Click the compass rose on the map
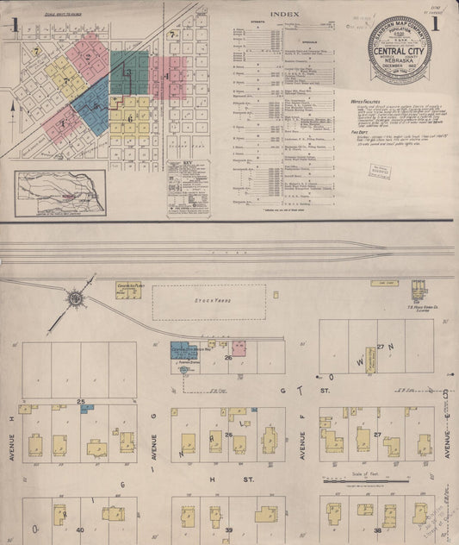pos(76,298)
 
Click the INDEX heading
pos(285,15)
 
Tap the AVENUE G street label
pos(155,441)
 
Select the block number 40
pos(79,529)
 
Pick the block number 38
pos(376,529)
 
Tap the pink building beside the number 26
pos(239,348)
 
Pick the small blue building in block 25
pos(87,409)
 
